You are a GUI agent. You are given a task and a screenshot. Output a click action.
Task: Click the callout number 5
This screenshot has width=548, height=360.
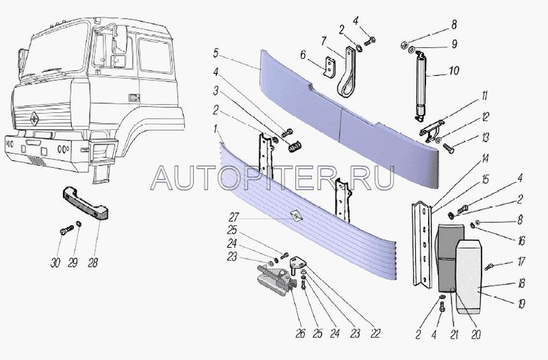216,54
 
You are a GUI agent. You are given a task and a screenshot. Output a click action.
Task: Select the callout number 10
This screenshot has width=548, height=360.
453,70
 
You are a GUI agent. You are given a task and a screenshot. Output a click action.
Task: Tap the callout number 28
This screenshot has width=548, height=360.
92,263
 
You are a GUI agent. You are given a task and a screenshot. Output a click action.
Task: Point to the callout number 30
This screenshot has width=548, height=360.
55,263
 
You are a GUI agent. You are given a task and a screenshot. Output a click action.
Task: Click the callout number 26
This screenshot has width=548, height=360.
300,333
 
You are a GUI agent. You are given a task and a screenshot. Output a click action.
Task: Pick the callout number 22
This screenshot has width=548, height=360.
375,333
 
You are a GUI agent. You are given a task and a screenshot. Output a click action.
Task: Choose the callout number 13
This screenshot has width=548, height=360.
485,138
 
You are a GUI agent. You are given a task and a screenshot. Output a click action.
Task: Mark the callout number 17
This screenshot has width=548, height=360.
521,261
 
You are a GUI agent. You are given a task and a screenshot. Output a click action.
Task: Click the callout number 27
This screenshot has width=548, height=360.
234,218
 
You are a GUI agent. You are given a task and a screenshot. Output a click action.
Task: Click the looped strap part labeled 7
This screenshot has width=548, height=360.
347,72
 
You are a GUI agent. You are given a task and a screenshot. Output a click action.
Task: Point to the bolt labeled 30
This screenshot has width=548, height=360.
66,230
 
